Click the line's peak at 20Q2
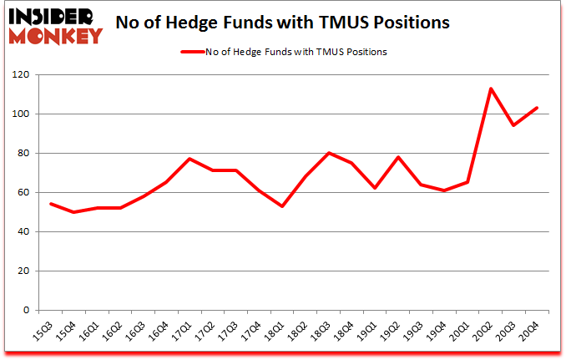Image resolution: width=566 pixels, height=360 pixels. [x=491, y=89]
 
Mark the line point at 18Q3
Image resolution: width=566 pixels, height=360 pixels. [x=329, y=153]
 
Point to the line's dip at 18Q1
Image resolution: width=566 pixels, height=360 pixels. [x=282, y=206]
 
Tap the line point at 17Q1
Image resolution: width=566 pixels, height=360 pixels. [x=190, y=159]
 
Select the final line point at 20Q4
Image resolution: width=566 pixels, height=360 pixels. [x=537, y=108]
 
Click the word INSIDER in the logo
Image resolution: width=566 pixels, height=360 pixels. [x=52, y=15]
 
